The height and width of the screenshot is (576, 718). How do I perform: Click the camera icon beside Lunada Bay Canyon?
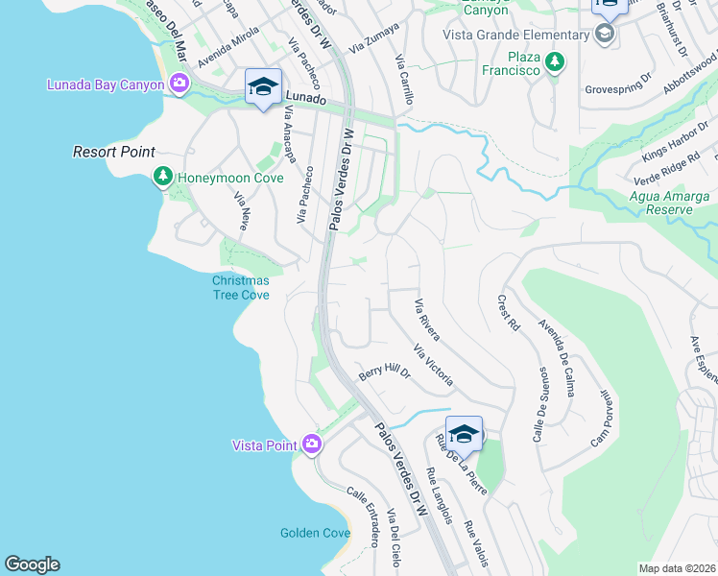[179, 85]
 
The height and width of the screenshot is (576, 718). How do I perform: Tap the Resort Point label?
[114, 153]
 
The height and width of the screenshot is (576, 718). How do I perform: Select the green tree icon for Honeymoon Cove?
[163, 177]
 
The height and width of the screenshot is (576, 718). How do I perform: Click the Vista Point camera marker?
[311, 444]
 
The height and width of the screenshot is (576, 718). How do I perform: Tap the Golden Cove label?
[315, 533]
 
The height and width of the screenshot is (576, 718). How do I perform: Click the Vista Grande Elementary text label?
[515, 36]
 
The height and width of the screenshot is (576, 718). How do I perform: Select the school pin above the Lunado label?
[263, 87]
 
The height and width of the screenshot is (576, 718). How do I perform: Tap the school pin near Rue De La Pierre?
[464, 433]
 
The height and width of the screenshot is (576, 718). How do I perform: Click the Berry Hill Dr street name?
[384, 372]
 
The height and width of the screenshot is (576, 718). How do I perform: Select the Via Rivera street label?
[426, 321]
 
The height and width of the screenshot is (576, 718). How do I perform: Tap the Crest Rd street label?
[508, 313]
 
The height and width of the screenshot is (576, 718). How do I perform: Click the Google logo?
[32, 564]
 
